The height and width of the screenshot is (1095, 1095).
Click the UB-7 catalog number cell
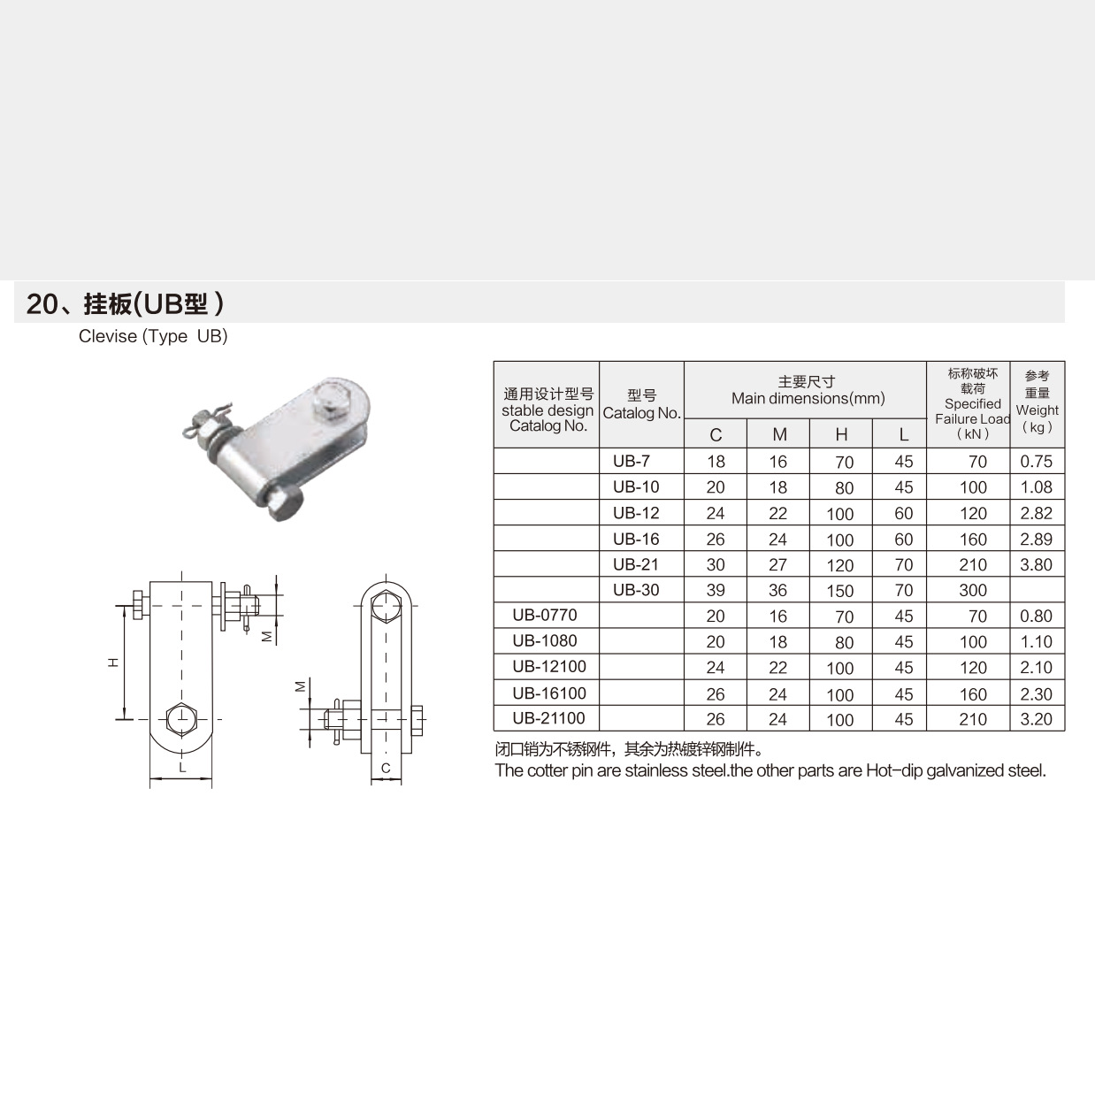[631, 461]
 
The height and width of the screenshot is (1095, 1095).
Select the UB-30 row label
[635, 590]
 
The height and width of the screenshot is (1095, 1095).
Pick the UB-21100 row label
[548, 718]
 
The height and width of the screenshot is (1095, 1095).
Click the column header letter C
[716, 434]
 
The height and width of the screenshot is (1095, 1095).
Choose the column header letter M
[779, 434]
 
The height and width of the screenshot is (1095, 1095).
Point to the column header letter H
[841, 434]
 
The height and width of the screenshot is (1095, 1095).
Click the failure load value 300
[973, 590]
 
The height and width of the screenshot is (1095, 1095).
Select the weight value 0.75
[1036, 461]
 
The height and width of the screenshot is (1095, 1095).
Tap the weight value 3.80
[1036, 564]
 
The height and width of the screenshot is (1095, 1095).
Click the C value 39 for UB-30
[716, 590]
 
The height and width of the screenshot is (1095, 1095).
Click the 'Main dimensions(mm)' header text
[808, 399]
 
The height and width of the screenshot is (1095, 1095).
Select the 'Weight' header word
[1037, 410]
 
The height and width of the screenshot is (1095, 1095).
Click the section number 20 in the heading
[41, 304]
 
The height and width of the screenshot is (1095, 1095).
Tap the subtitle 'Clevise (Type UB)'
[153, 336]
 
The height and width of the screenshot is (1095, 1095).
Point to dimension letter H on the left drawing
[113, 662]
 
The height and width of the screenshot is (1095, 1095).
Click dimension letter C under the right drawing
[386, 768]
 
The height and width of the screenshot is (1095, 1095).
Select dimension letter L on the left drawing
[182, 767]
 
